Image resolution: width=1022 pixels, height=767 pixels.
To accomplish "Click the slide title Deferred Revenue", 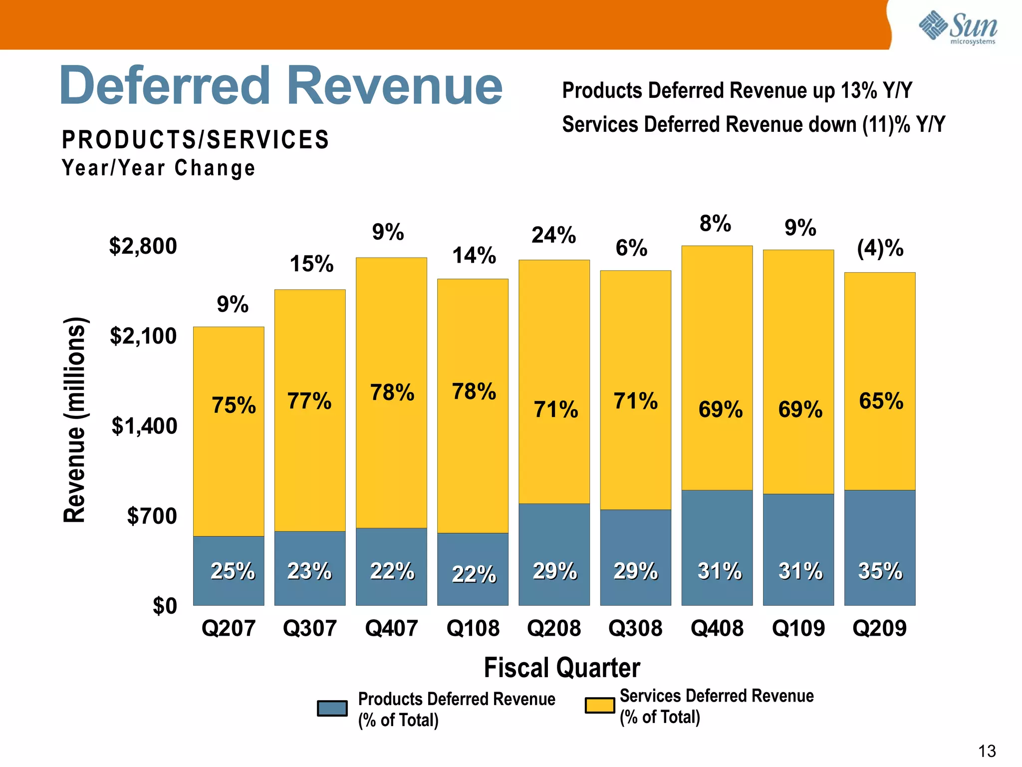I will pos(280,86).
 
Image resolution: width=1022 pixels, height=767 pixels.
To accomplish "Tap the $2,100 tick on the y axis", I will pos(143,336).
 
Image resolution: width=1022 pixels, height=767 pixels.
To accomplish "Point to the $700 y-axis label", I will pos(152,516).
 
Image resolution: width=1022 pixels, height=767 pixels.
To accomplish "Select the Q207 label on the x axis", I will pos(229,628).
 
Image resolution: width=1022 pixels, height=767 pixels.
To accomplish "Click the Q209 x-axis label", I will pos(879,628).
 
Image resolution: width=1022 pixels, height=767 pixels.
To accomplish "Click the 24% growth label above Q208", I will pos(553,235).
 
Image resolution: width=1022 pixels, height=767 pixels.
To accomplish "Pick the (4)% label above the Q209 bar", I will pos(880,248).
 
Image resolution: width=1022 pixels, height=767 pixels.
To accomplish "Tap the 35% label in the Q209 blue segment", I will pos(880,571).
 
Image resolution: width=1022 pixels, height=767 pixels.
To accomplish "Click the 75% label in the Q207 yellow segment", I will pos(234,405).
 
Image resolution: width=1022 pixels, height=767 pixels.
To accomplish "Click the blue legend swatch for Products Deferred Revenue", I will pos(332,709).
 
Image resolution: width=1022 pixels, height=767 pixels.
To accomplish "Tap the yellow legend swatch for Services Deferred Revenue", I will pos(599,706).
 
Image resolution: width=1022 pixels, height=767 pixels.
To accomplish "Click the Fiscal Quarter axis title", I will pos(562,668).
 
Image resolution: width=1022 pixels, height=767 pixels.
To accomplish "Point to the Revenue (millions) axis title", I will pos(75,419).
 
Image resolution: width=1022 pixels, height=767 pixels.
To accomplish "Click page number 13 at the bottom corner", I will pos(987,751).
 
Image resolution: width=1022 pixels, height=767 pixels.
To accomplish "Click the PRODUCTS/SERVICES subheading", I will pos(195,140).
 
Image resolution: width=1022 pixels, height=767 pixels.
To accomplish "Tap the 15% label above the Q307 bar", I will pos(311,264).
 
